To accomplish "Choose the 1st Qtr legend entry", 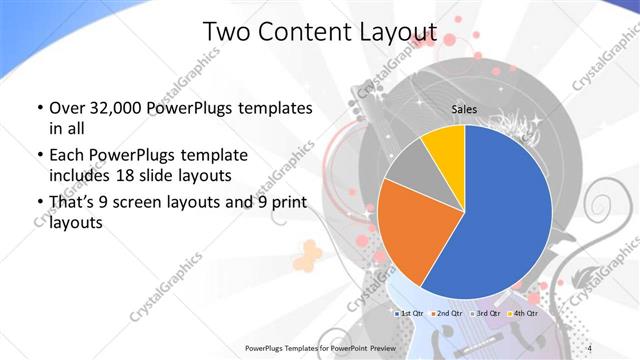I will tap(413, 315).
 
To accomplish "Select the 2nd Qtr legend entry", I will tap(449, 315).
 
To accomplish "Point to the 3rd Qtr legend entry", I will tap(484, 315).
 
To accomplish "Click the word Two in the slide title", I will tap(226, 33).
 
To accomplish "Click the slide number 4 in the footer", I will tap(590, 347).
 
